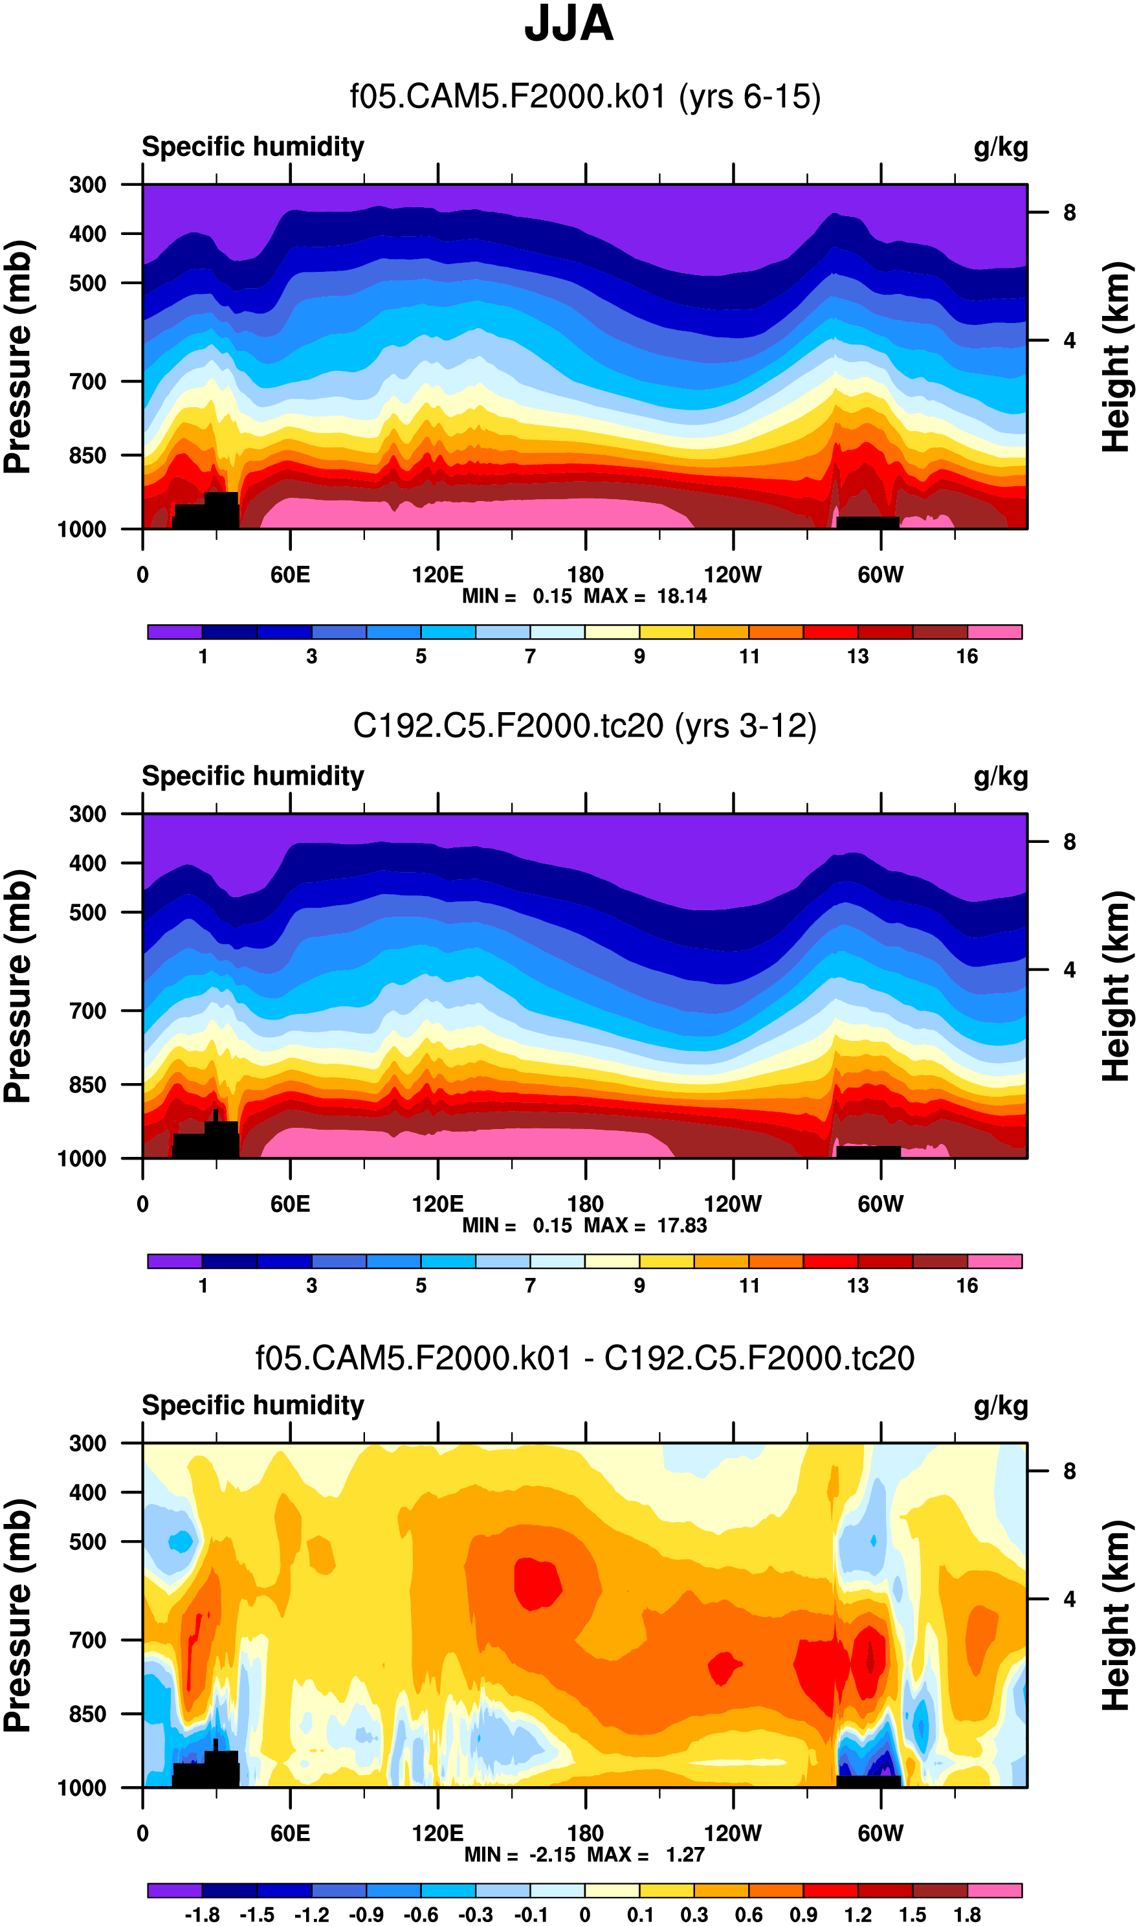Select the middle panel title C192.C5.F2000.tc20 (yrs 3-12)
click(x=584, y=726)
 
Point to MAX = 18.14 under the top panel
click(x=645, y=596)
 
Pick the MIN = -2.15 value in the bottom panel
click(x=520, y=1855)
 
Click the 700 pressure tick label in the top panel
click(x=87, y=381)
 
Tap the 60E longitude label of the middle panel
click(x=290, y=1204)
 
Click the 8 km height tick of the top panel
click(x=1069, y=212)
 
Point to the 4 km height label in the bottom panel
click(x=1069, y=1599)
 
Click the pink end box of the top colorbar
click(x=994, y=632)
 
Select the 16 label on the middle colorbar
click(x=967, y=1286)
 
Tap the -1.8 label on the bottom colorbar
click(x=202, y=1914)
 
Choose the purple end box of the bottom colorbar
click(x=175, y=1890)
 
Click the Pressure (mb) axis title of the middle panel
click(x=18, y=987)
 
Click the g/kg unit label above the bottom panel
click(x=1000, y=1405)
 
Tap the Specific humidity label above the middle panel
click(x=252, y=776)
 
